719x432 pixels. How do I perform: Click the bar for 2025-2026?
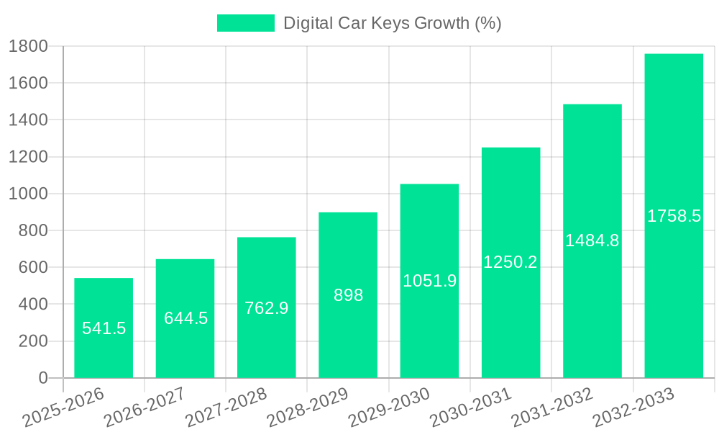pos(104,328)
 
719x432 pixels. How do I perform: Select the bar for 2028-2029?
pos(348,295)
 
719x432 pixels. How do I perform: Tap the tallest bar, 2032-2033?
pos(674,216)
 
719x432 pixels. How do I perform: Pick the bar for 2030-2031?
pos(510,263)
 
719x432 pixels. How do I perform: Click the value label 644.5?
pos(186,318)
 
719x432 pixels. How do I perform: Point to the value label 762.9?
pos(267,308)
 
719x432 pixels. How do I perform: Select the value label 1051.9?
pos(429,281)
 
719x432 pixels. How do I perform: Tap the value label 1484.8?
pos(592,240)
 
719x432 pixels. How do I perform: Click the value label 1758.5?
pos(674,216)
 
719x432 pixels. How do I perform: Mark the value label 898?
pos(348,295)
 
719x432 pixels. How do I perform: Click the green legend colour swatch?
pos(245,23)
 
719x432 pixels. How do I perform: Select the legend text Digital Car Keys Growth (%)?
pos(392,23)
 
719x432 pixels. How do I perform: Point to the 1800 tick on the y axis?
pos(28,46)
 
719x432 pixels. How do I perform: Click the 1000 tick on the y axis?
pos(28,194)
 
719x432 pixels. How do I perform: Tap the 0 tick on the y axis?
pos(42,378)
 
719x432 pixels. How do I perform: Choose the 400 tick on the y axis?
pos(33,304)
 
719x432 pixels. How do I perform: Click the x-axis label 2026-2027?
pos(145,408)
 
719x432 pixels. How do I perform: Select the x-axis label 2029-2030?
pos(389,408)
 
